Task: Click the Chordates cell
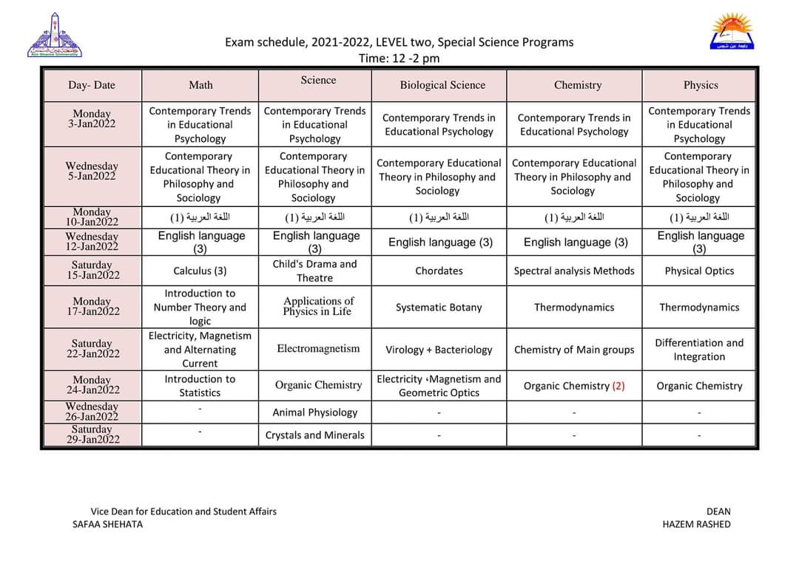439,271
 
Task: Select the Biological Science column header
442,85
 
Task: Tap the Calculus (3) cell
200,271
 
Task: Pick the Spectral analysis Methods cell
574,271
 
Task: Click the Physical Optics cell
699,271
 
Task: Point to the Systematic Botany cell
439,307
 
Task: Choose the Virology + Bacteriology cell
439,350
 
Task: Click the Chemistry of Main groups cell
574,350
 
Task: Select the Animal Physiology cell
314,412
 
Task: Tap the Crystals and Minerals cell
314,435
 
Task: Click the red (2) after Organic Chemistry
618,386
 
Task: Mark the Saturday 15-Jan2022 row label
92,271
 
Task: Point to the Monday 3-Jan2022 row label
92,119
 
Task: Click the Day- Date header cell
92,85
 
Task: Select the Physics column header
701,85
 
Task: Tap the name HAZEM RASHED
696,524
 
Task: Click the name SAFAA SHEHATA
107,524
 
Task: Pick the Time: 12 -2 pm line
399,58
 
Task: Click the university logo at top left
55,35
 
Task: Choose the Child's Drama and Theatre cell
314,271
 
